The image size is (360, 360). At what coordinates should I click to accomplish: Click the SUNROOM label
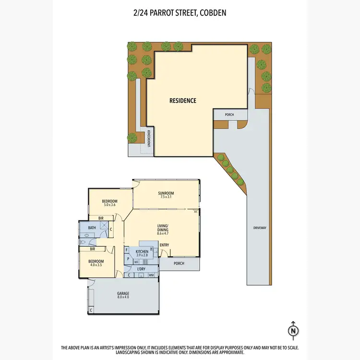pyautogui.click(x=166, y=193)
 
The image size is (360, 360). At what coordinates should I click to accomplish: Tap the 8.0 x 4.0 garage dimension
pyautogui.click(x=123, y=297)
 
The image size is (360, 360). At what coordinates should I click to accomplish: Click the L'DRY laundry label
pyautogui.click(x=141, y=269)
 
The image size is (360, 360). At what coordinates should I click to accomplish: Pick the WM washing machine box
pyautogui.click(x=151, y=275)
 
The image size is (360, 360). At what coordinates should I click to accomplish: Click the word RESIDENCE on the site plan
pyautogui.click(x=183, y=101)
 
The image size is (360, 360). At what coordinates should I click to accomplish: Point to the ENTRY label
pyautogui.click(x=164, y=245)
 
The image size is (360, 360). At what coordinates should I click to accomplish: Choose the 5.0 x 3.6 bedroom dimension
pyautogui.click(x=110, y=205)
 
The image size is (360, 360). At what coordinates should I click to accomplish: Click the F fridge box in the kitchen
pyautogui.click(x=127, y=250)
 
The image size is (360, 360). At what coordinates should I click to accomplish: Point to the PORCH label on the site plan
pyautogui.click(x=229, y=115)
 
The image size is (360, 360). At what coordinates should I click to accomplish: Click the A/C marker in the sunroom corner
pyautogui.click(x=195, y=212)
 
